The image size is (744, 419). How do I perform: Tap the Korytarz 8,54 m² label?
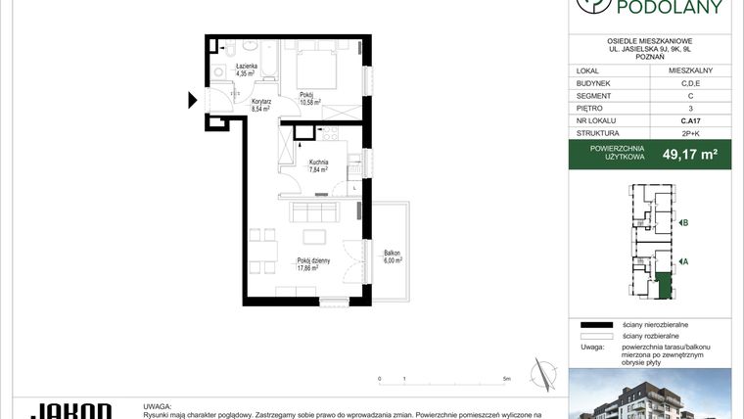tap(260, 106)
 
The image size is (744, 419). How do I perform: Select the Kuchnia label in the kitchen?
tap(318, 165)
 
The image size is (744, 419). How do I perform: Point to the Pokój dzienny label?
tap(314, 264)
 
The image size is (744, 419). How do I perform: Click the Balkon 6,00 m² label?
tap(393, 257)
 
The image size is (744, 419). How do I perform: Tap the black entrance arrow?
tap(193, 99)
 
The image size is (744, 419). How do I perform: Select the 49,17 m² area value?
tap(690, 154)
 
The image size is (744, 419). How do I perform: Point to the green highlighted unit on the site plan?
tap(664, 286)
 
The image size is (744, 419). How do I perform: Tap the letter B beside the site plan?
tap(686, 223)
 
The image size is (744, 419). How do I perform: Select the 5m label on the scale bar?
tap(506, 378)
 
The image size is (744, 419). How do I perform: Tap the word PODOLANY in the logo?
tap(669, 9)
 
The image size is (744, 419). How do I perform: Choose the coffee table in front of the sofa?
tap(313, 236)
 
